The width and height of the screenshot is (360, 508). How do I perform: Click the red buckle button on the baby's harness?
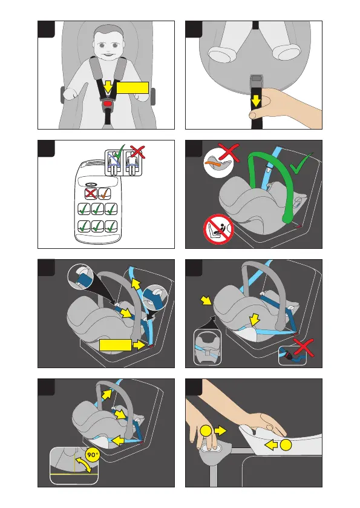pos(108,104)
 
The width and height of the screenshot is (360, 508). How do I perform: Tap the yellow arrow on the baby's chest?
pos(108,87)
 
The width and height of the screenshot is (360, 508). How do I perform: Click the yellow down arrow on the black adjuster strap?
pos(256,101)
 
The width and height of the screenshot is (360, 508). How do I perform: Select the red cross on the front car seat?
pos(91,194)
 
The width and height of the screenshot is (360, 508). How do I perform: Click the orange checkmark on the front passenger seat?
pos(104,193)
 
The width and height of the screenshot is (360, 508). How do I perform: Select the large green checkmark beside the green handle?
pos(301,163)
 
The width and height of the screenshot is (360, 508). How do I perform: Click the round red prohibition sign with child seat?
pos(218,229)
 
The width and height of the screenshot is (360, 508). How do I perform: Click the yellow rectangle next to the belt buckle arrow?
pos(115,345)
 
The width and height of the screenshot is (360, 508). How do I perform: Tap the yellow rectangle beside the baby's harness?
pos(132,87)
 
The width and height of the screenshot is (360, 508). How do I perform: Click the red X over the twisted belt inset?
pos(303,348)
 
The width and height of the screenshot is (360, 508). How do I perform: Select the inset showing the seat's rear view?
pos(207,348)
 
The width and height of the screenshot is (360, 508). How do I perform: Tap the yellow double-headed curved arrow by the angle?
pos(83,464)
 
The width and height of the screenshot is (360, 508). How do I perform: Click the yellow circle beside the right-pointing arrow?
pos(206,431)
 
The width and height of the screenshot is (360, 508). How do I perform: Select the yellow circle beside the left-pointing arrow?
pos(286,445)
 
